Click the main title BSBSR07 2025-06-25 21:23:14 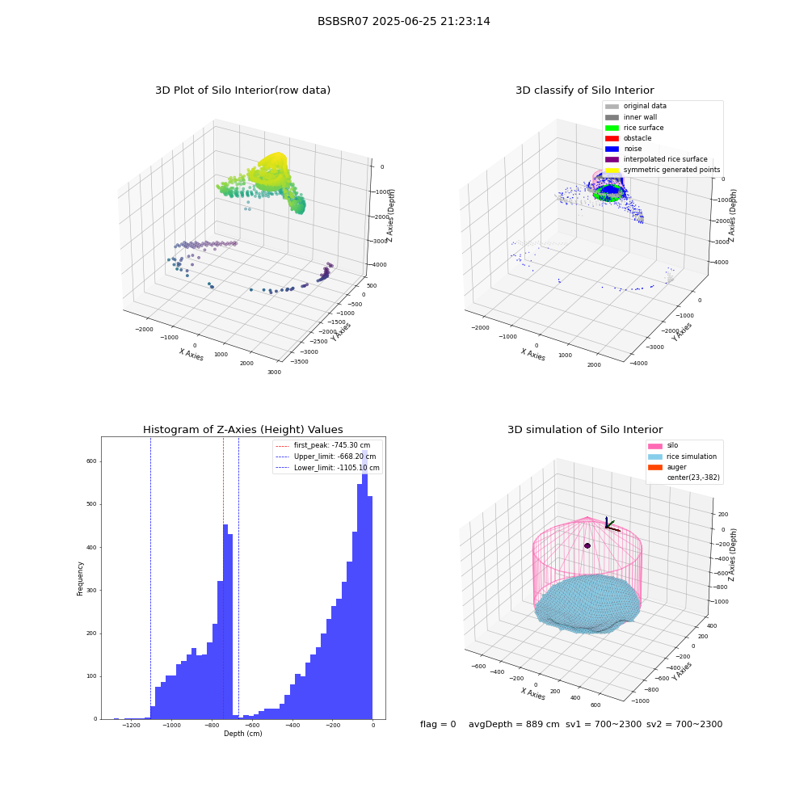click(x=403, y=21)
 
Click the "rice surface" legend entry click(x=634, y=128)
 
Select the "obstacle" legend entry click(x=628, y=138)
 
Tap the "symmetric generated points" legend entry click(x=663, y=170)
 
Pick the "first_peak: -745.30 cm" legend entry click(x=323, y=445)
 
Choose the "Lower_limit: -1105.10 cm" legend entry click(x=328, y=468)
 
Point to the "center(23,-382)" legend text click(x=693, y=478)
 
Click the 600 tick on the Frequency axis click(x=92, y=461)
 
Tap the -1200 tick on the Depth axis click(x=132, y=725)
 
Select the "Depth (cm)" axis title click(x=242, y=734)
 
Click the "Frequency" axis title click(x=80, y=579)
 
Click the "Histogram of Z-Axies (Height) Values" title click(x=242, y=429)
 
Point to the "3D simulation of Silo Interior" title click(x=585, y=429)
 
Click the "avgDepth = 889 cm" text click(x=514, y=724)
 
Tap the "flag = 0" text click(x=438, y=724)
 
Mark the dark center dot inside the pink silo click(x=587, y=545)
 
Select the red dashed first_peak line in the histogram click(x=223, y=578)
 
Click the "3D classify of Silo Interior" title click(x=585, y=90)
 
